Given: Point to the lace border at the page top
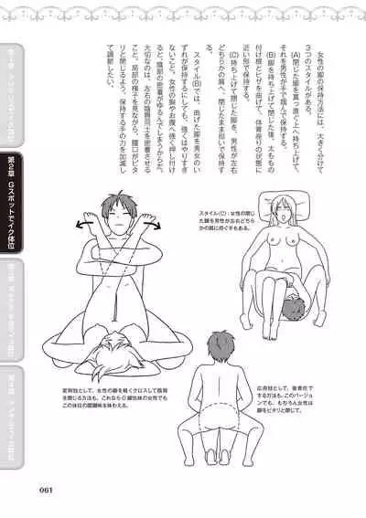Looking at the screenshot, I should click(183, 7).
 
